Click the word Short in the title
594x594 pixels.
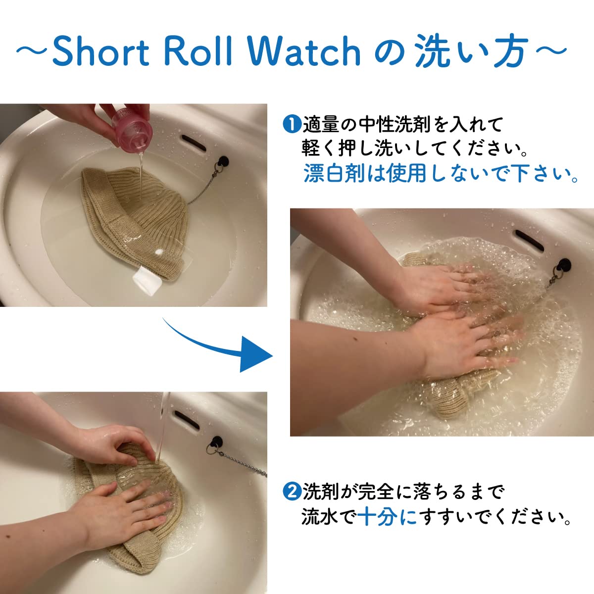(x=101, y=51)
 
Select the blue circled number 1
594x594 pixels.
(x=291, y=125)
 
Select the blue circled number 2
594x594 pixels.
(x=291, y=492)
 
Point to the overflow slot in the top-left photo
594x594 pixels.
(x=193, y=143)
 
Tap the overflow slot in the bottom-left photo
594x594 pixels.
(x=187, y=420)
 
